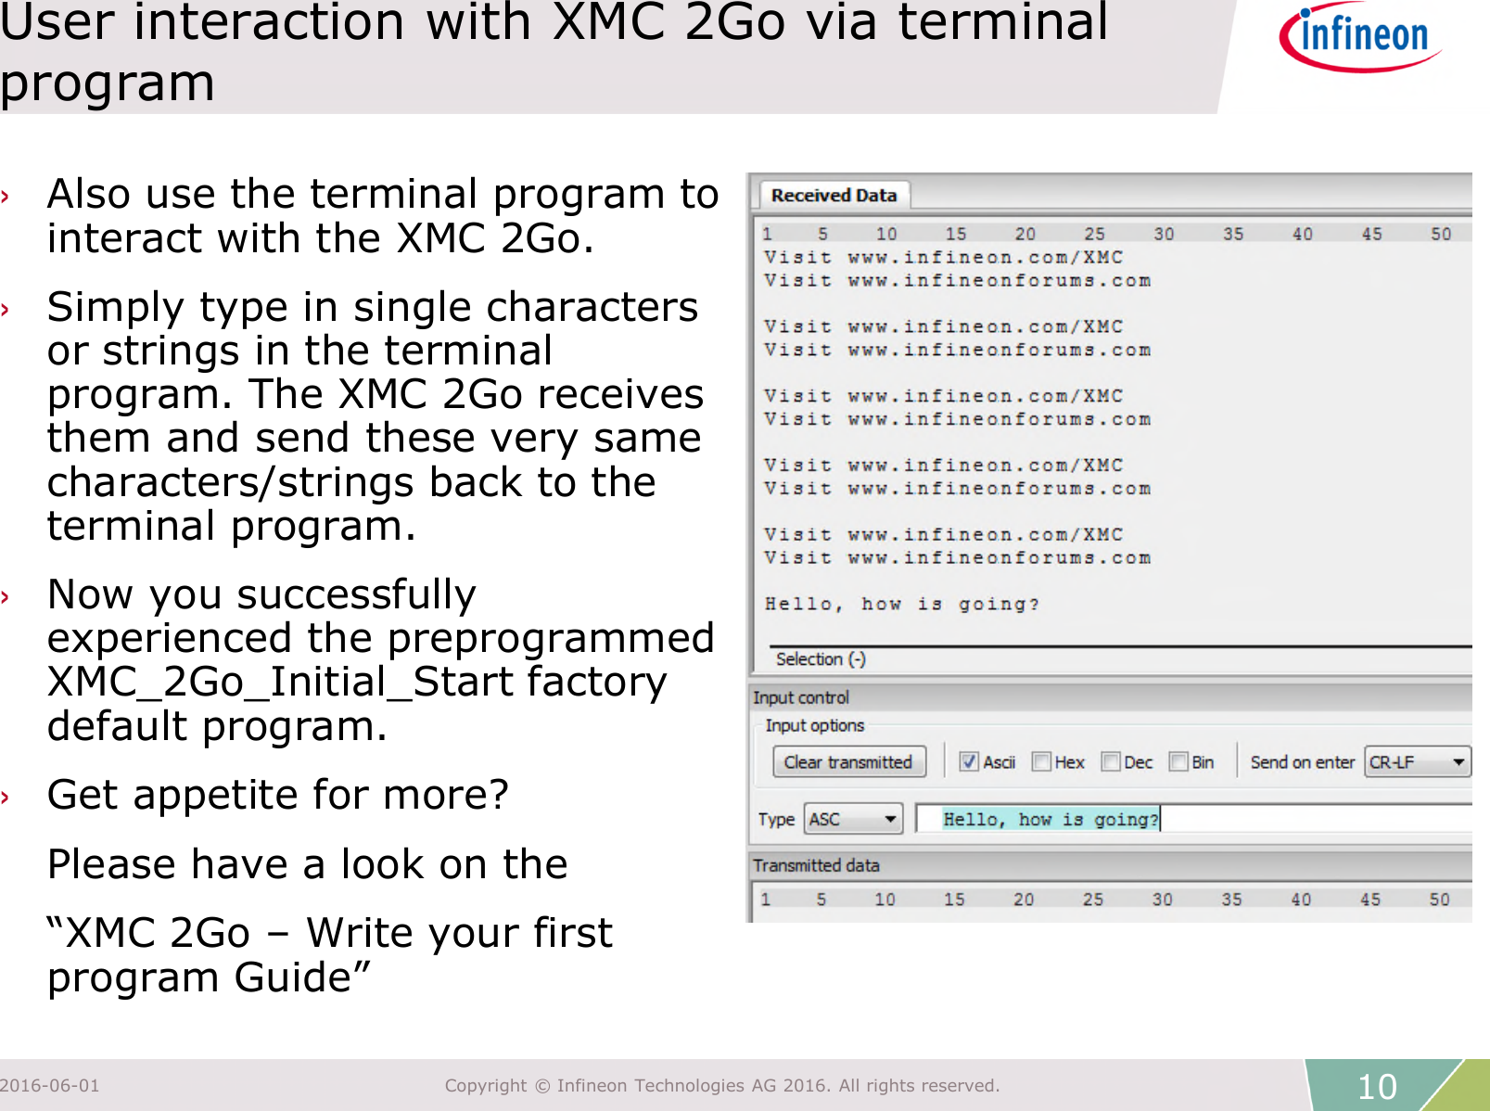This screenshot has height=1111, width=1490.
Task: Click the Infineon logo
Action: [1359, 37]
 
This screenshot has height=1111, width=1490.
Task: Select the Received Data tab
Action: [834, 196]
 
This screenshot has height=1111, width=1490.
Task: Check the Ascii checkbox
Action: [969, 762]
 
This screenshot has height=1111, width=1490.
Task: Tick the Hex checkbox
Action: [1041, 762]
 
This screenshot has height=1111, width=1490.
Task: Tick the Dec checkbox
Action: [1111, 762]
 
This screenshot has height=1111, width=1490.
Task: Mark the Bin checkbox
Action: [1178, 762]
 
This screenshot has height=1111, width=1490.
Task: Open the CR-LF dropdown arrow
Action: [1458, 762]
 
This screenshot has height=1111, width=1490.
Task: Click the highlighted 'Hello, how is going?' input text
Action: [1050, 819]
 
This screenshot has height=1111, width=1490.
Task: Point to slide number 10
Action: [1377, 1087]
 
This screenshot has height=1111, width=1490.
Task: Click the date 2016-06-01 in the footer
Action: [50, 1086]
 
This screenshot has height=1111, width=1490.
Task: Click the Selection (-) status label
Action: [821, 659]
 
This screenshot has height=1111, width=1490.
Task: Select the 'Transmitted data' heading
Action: [816, 865]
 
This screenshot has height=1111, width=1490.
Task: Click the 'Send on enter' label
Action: [1302, 762]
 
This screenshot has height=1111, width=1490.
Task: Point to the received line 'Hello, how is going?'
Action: [901, 605]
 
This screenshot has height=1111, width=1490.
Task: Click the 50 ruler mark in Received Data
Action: [1440, 234]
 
